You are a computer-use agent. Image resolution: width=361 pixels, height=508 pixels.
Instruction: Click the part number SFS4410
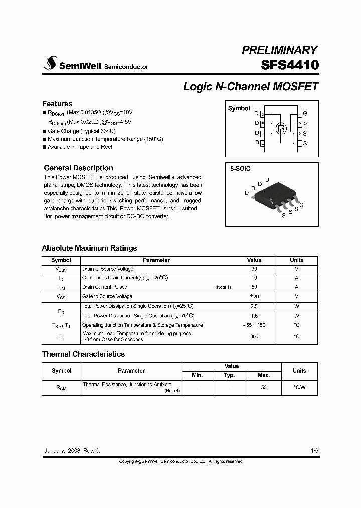pos(289,65)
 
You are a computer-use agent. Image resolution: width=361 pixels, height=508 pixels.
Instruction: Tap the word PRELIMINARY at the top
pos(279,50)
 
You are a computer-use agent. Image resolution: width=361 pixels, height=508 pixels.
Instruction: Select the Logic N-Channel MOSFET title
pos(251,86)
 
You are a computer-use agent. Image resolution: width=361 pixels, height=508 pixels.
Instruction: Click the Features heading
pos(57,104)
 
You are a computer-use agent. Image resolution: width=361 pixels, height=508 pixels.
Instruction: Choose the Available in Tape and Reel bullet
pos(80,147)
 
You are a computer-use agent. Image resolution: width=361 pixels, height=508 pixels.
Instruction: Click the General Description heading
pos(78,168)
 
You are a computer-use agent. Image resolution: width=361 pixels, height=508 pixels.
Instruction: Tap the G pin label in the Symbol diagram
pos(305,114)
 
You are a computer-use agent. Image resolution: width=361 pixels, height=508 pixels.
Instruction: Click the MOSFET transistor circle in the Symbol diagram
pos(282,129)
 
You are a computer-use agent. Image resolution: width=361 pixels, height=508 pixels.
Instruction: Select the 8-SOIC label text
pos(240,169)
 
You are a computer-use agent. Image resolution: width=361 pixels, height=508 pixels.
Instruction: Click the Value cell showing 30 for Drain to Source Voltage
pos(254,269)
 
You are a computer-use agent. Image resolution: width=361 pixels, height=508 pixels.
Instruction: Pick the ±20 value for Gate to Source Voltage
pos(254,297)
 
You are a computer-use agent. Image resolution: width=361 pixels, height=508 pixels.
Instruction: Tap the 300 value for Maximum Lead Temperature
pos(254,336)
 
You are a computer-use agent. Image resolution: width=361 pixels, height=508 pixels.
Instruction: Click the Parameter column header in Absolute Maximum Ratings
pos(156,260)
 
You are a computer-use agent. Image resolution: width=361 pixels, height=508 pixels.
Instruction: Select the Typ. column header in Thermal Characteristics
pos(229,375)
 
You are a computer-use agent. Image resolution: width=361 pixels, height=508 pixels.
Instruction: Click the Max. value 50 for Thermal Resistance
pos(264,387)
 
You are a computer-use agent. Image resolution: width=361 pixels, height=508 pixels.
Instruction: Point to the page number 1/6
pos(314,451)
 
